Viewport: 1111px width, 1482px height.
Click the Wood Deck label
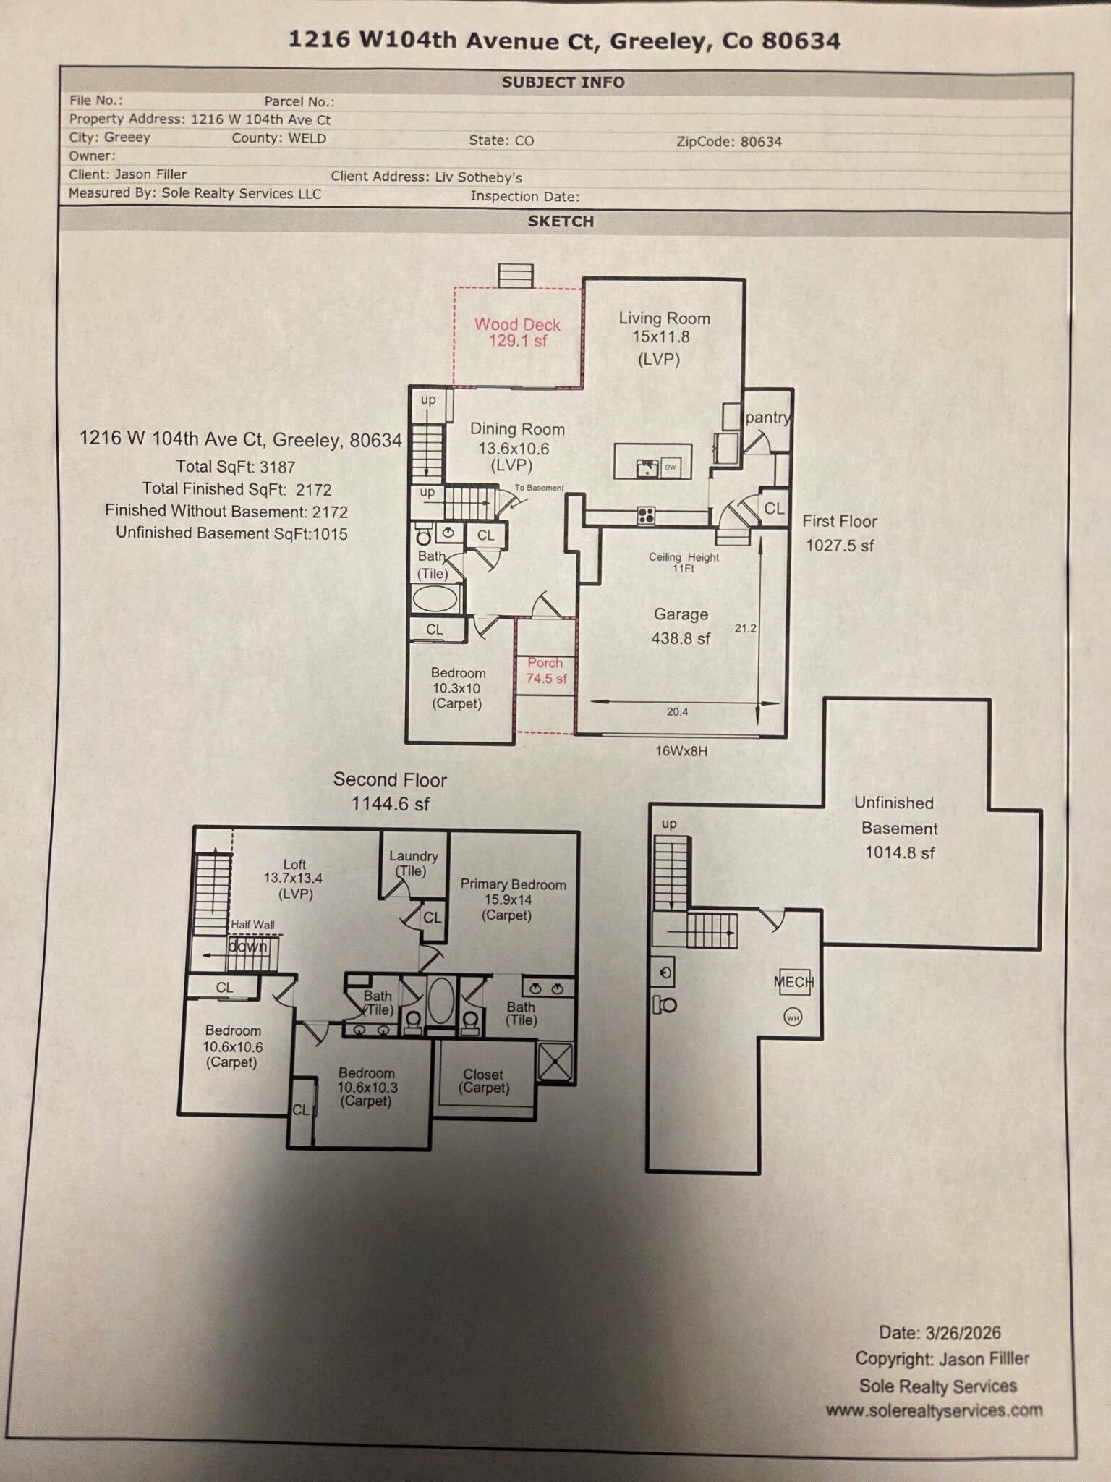[x=517, y=332]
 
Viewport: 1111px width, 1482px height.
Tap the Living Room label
[x=663, y=338]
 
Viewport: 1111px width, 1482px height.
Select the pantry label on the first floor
[x=767, y=418]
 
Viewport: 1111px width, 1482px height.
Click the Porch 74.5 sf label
[x=546, y=671]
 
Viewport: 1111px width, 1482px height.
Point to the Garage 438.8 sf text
[x=681, y=626]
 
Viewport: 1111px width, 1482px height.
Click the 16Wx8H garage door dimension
[x=681, y=751]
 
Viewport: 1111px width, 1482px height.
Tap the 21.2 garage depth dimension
[x=746, y=628]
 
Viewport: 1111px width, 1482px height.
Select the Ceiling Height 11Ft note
[x=684, y=562]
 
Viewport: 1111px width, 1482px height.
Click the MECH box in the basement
[x=794, y=982]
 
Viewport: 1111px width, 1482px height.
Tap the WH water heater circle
[x=793, y=1017]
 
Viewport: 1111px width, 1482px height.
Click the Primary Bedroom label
[x=513, y=899]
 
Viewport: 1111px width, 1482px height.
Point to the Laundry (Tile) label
[x=413, y=863]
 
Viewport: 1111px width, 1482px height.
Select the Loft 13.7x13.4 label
[x=294, y=878]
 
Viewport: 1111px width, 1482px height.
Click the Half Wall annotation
[x=252, y=924]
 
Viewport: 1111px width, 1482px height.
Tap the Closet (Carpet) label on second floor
[x=483, y=1081]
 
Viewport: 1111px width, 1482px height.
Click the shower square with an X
[x=555, y=1062]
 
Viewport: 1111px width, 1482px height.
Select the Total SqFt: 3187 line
[x=236, y=467]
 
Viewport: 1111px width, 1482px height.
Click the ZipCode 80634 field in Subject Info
[x=729, y=142]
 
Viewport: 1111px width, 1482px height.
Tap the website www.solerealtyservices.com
[x=935, y=1410]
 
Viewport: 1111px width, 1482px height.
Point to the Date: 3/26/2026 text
[x=940, y=1333]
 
